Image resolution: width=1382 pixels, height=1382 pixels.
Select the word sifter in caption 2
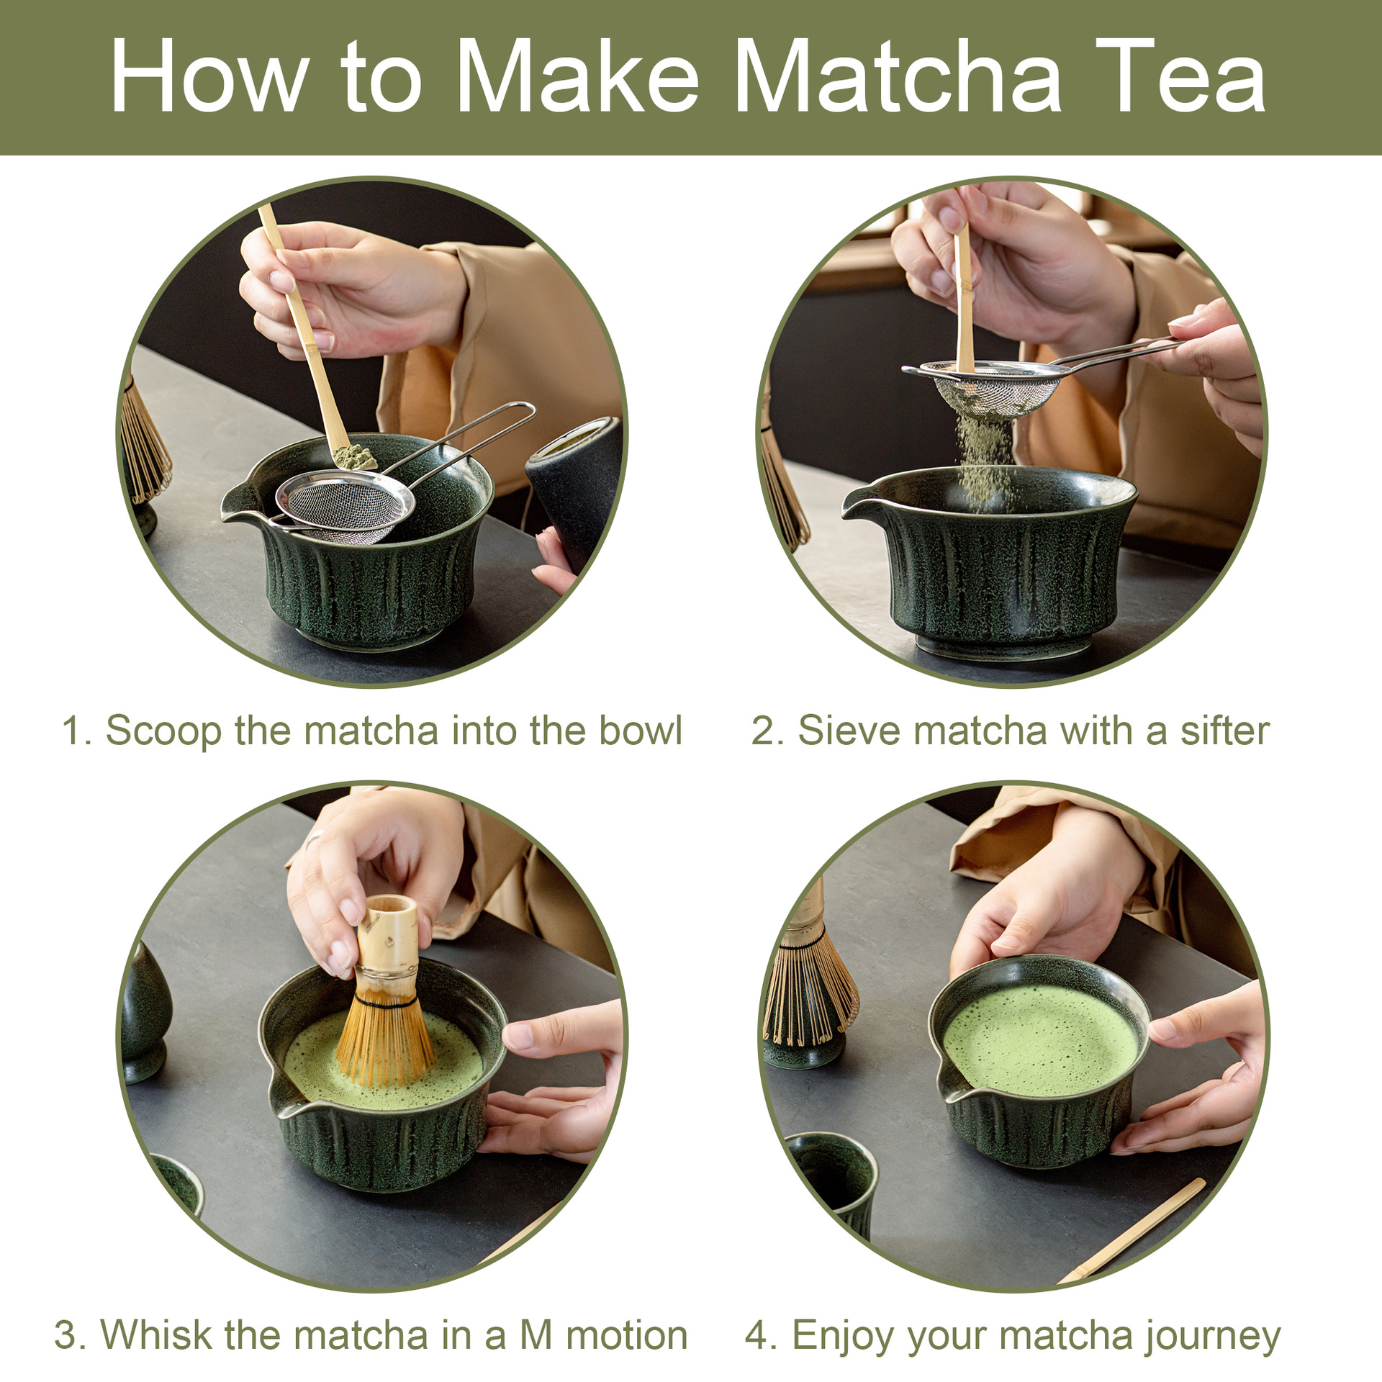point(1224,731)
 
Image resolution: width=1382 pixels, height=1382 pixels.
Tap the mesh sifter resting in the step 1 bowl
point(345,506)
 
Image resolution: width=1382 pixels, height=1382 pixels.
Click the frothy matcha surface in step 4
point(1040,1039)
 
